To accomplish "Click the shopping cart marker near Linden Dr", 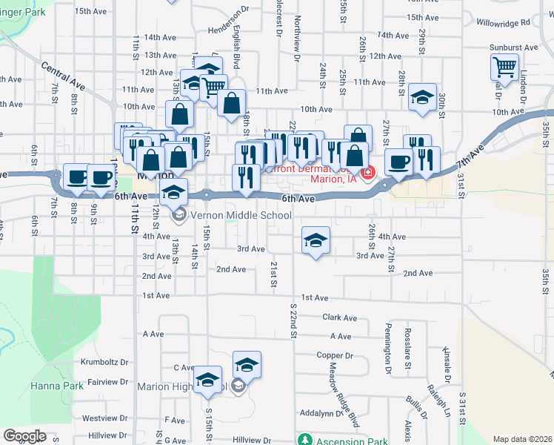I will tap(504, 67).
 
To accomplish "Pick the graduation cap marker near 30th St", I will tap(421, 97).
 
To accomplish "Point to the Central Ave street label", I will tap(63, 76).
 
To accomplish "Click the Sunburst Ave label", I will tap(513, 47).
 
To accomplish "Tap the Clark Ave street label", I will tap(341, 317).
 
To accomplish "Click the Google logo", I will tap(24, 436).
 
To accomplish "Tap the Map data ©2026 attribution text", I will tap(521, 439).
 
